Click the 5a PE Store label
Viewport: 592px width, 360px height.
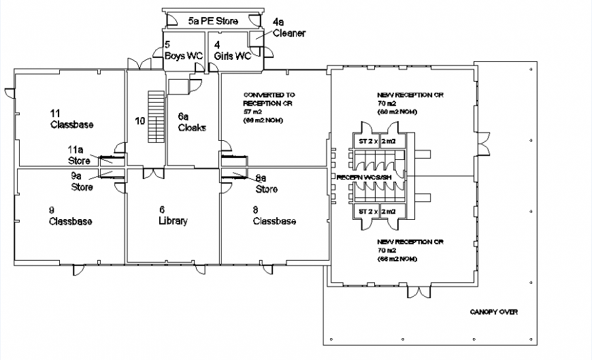click(x=213, y=22)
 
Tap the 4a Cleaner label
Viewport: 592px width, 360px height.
click(x=289, y=28)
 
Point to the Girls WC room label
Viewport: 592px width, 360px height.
click(x=232, y=51)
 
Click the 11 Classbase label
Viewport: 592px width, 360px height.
click(x=71, y=119)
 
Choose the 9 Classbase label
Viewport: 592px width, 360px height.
click(x=70, y=216)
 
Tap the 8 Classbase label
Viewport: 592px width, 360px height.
click(x=274, y=216)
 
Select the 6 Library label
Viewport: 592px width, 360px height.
click(x=172, y=216)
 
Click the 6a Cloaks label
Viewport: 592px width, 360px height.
click(x=192, y=122)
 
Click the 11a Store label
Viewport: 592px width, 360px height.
click(x=78, y=156)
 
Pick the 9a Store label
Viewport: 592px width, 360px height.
click(x=82, y=181)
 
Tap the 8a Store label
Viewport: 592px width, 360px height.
click(x=266, y=184)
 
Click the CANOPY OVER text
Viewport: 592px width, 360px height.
click(x=493, y=312)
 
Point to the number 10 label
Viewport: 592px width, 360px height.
click(x=139, y=121)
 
